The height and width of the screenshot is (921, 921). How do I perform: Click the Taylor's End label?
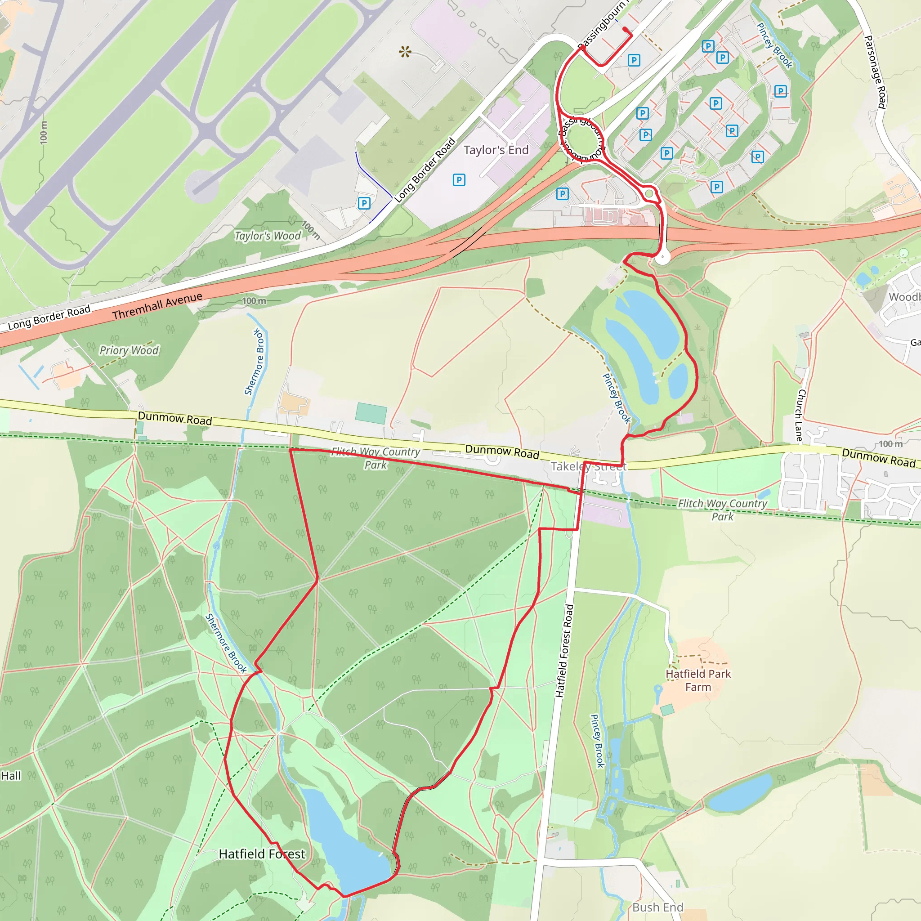tap(496, 150)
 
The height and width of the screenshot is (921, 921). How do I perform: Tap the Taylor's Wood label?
tap(268, 236)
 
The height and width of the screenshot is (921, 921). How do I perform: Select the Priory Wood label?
tap(129, 350)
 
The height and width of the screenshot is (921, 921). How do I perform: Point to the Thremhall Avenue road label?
tap(157, 307)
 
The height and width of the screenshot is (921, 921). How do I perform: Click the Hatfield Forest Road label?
tap(564, 651)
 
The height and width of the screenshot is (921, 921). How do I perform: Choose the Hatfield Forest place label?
tap(262, 854)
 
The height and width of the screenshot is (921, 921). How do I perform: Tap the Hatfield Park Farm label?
tap(698, 680)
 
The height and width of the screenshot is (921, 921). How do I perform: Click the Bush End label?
tap(658, 907)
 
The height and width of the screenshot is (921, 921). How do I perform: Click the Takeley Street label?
tap(588, 466)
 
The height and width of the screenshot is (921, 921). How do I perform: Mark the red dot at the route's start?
tap(626, 29)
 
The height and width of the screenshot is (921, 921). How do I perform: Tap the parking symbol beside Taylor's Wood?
tap(364, 204)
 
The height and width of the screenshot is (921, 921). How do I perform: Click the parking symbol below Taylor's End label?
tap(459, 180)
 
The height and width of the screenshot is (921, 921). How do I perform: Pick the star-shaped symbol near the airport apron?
tap(405, 51)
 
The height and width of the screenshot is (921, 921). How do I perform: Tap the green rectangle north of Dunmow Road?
tap(371, 413)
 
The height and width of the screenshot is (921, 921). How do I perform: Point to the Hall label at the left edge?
tap(10, 776)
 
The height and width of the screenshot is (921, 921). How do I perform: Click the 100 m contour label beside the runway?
tap(44, 132)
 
